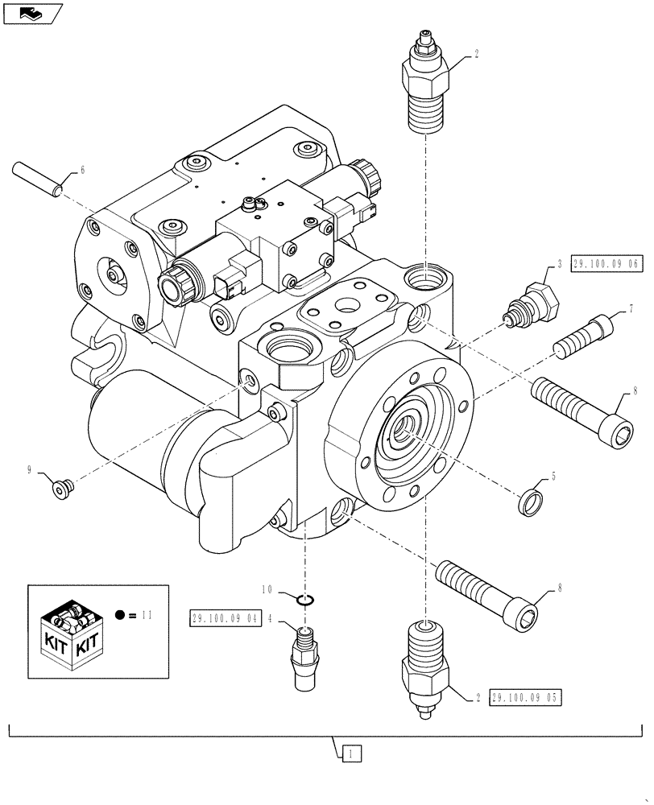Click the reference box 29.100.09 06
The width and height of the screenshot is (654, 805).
point(606,265)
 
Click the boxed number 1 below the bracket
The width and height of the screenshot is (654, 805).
point(352,754)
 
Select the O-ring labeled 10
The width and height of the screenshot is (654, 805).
point(304,599)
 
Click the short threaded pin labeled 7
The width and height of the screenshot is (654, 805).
point(584,333)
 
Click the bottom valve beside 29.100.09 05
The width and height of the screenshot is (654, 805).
point(424,667)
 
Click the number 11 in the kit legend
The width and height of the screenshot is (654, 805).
point(146,614)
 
